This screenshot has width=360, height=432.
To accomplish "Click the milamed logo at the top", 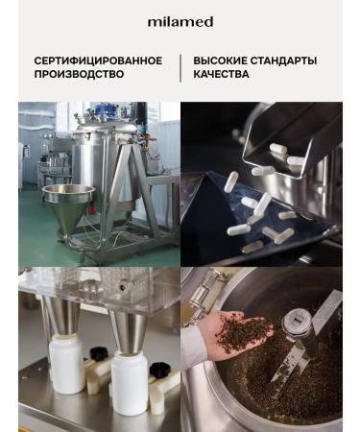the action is click(x=180, y=22).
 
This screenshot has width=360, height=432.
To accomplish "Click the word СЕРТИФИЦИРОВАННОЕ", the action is click(x=98, y=60).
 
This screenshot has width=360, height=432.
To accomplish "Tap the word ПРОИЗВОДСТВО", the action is click(x=79, y=74).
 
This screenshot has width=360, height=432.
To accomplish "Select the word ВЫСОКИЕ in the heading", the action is click(x=220, y=60).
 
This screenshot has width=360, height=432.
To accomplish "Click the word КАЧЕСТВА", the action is click(x=221, y=74).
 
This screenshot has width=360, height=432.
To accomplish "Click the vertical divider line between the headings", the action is click(x=180, y=68).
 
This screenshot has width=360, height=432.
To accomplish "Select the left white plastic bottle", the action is click(x=67, y=363).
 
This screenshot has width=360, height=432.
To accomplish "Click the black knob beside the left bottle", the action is click(x=98, y=353).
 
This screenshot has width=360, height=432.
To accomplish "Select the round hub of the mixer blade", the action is click(x=296, y=321).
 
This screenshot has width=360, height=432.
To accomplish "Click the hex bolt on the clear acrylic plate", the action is click(x=122, y=287).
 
